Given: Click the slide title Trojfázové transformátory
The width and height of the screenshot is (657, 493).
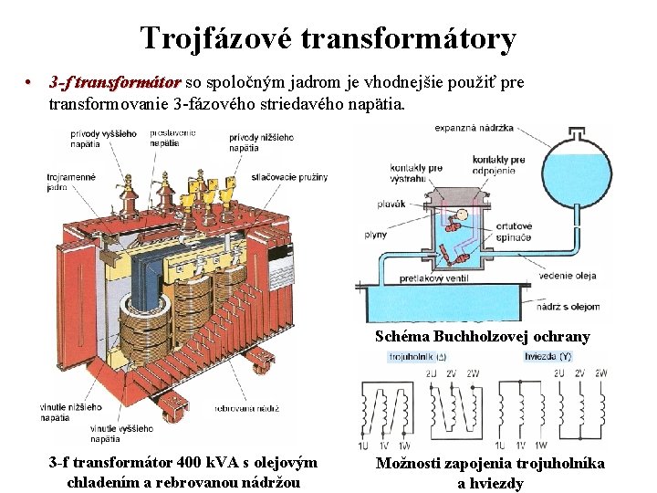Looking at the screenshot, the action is [x=328, y=38].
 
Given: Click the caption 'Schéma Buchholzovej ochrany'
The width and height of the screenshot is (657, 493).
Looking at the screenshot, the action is [x=483, y=336].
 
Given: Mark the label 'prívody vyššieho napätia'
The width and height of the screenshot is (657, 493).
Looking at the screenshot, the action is [x=103, y=139].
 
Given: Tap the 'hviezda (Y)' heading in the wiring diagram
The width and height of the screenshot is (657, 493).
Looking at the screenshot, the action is [x=547, y=358].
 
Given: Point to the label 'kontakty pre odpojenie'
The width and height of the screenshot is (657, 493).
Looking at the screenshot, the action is [x=498, y=165].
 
